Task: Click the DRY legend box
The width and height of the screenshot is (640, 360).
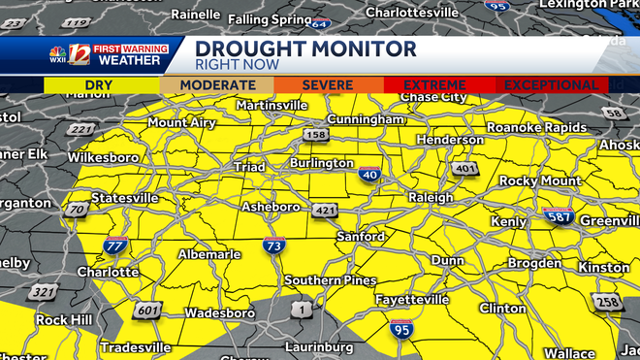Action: click(x=102, y=85)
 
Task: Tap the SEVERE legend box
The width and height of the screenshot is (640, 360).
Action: click(x=327, y=85)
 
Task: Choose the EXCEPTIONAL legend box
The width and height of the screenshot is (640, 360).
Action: click(x=552, y=85)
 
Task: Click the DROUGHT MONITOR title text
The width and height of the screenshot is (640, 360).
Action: click(x=306, y=49)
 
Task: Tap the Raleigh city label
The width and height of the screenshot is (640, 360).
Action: click(x=430, y=197)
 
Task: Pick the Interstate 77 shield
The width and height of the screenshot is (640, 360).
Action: click(x=114, y=245)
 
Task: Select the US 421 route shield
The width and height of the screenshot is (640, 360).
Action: click(x=324, y=211)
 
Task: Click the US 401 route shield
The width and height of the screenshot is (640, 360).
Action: click(x=465, y=170)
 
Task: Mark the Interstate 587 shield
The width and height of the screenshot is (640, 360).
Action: click(x=557, y=217)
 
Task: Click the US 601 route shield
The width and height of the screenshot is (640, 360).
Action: click(x=147, y=311)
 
